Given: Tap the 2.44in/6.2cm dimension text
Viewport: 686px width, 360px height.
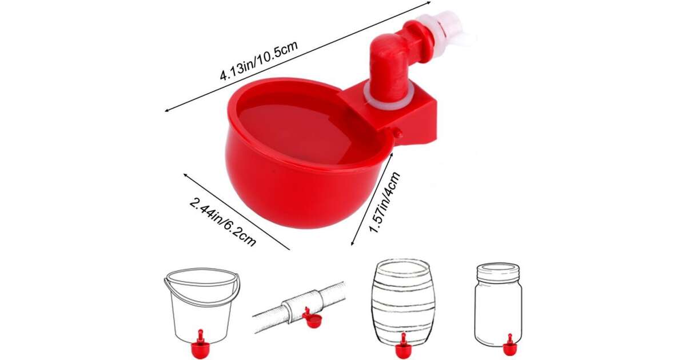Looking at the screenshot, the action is click(223, 222).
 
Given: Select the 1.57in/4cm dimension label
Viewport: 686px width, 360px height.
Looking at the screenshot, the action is click(385, 202).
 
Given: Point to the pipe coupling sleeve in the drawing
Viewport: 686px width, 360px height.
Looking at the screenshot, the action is click(303, 304).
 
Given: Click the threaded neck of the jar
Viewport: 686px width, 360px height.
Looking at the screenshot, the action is click(498, 270).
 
